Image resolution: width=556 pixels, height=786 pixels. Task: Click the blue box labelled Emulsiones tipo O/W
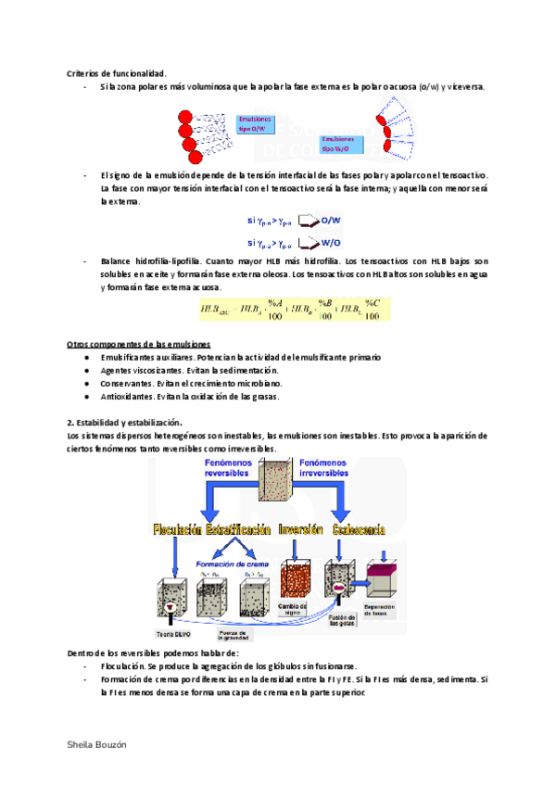point(256,124)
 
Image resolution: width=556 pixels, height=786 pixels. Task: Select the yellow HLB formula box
point(293,310)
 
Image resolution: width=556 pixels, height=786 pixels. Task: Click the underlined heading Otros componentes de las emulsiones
point(138,344)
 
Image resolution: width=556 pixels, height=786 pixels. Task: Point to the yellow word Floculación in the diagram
point(184,531)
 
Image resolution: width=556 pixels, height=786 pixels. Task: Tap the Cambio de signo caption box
point(292,608)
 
